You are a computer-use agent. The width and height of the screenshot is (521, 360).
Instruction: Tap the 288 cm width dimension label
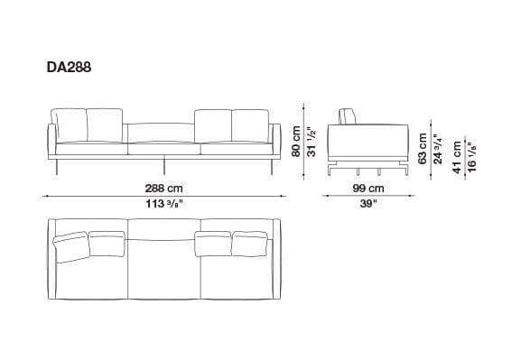163,189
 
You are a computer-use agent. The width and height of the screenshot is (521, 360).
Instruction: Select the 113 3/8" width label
163,203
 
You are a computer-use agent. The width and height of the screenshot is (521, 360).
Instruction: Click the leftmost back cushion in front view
70,125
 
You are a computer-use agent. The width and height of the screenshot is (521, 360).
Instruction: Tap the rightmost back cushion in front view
249,125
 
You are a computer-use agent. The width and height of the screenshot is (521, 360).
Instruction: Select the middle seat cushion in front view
163,146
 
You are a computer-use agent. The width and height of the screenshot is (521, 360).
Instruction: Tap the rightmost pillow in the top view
250,242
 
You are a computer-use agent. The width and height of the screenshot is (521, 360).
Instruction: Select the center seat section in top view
163,266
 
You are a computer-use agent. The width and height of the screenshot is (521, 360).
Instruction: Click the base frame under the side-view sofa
371,165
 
